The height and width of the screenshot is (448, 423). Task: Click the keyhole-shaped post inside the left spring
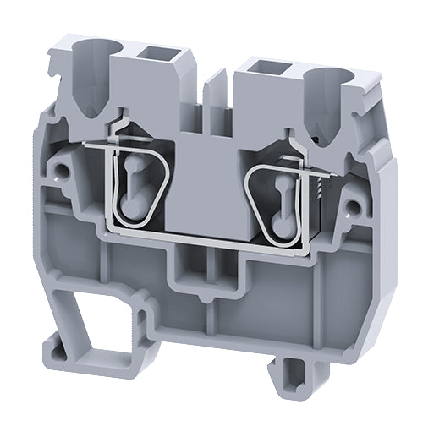coord(131,182)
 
